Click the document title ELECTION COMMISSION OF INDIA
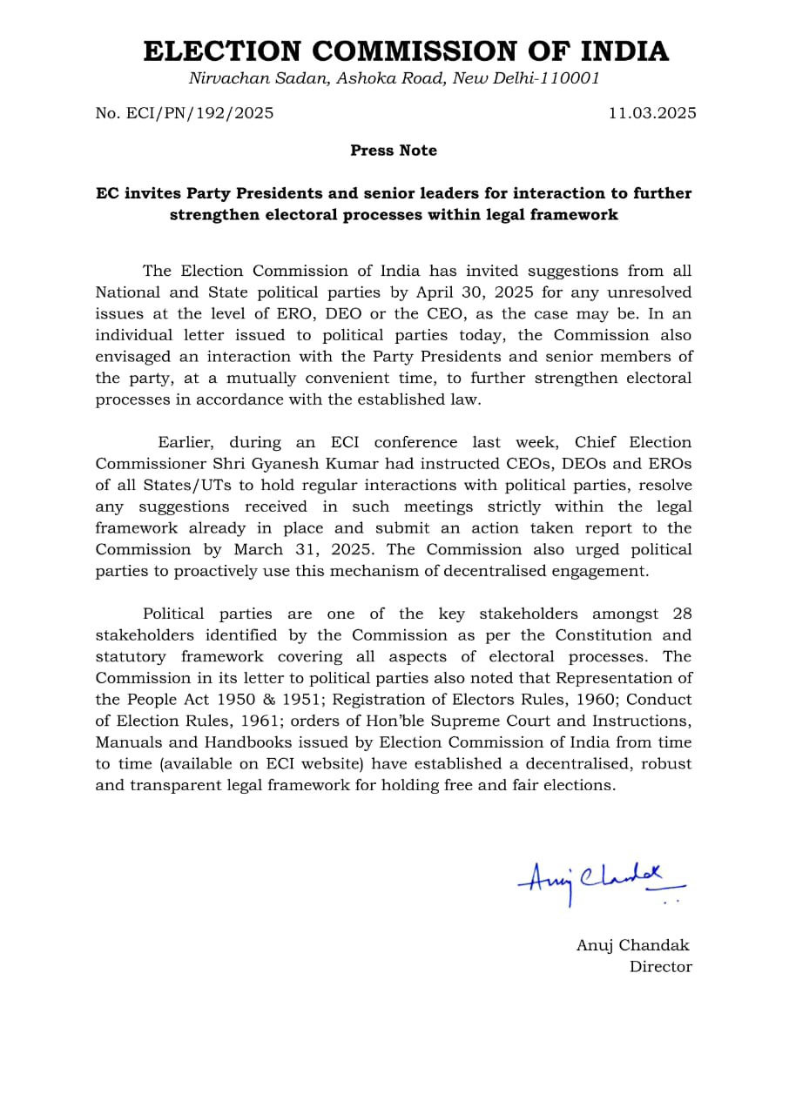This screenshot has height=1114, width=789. [x=406, y=51]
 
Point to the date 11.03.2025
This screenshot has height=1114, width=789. [x=652, y=113]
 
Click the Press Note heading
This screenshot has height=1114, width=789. [x=394, y=151]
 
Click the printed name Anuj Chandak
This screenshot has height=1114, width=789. [x=633, y=945]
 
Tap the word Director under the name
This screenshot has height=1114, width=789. [x=661, y=967]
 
